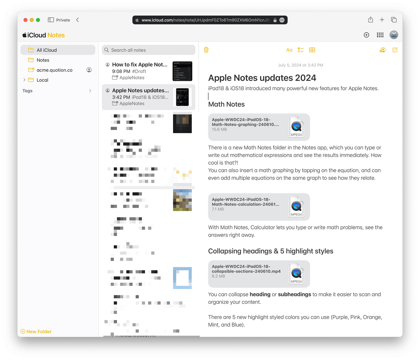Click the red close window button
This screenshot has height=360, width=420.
25,20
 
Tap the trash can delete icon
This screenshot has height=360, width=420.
206,50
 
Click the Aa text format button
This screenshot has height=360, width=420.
289,50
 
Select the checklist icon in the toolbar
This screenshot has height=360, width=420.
301,50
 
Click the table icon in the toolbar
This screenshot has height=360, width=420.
312,50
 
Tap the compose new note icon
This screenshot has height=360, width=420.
395,50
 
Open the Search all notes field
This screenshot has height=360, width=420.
149,50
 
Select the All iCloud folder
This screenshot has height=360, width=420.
47,50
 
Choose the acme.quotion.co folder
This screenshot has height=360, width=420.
54,70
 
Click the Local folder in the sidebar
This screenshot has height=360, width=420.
42,80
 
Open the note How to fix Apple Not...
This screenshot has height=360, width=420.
140,65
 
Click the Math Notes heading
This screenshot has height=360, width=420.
226,104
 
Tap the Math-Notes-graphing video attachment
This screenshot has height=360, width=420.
259,127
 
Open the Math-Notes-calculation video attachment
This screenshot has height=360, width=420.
259,207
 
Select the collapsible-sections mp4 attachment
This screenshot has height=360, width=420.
259,274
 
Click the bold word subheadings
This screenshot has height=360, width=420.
294,294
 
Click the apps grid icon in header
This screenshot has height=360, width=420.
380,35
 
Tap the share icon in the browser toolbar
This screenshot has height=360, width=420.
371,20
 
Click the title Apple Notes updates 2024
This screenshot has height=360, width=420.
262,78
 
